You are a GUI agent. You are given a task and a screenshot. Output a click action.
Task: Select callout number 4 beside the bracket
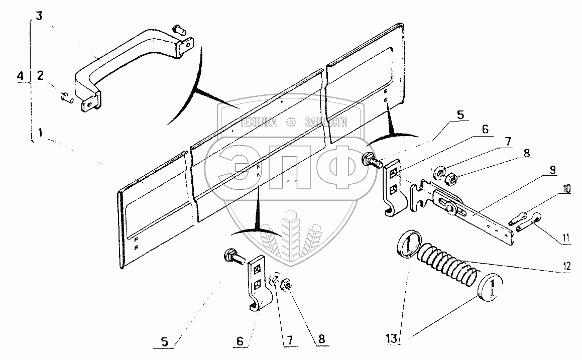20,76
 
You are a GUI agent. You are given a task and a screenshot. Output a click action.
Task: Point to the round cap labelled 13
492,287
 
